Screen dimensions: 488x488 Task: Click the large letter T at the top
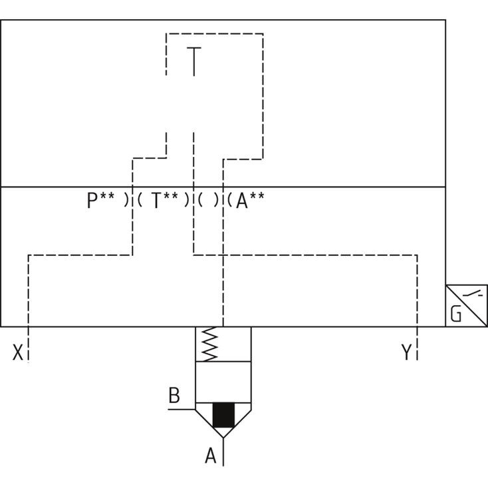point(193,61)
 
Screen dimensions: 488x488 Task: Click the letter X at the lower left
point(18,352)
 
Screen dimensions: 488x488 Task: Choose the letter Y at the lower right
point(406,352)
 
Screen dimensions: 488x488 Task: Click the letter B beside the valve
point(174,396)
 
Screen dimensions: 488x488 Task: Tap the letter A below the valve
point(211,456)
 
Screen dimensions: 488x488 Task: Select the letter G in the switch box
point(456,314)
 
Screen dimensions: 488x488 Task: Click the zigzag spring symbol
point(210,344)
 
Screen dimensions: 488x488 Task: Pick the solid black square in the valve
point(223,416)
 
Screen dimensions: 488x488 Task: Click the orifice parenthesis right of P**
point(126,200)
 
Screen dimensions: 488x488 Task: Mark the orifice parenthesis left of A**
point(229,200)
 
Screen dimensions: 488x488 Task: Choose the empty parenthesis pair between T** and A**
point(208,200)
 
